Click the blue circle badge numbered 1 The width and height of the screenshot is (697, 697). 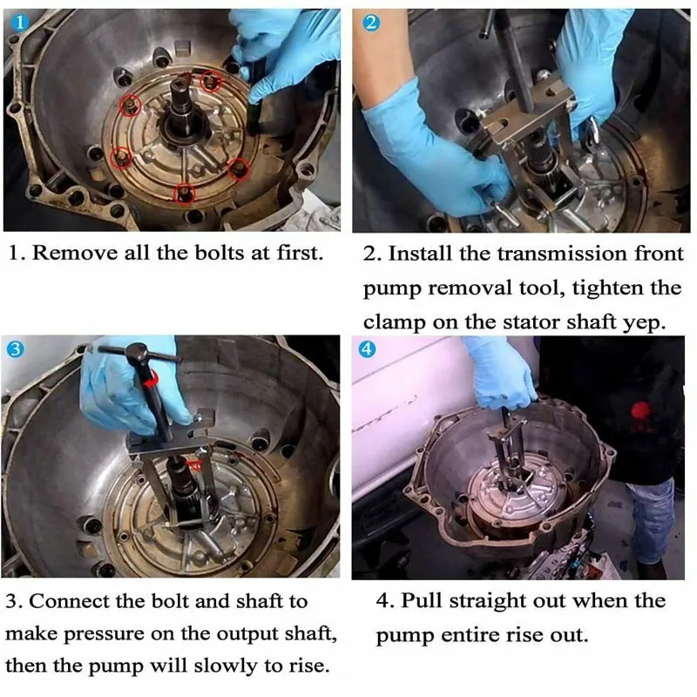pyautogui.click(x=19, y=23)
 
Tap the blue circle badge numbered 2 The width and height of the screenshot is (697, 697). pyautogui.click(x=371, y=23)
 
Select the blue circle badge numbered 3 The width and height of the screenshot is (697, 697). pyautogui.click(x=15, y=349)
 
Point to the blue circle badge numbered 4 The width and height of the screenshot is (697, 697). pyautogui.click(x=367, y=349)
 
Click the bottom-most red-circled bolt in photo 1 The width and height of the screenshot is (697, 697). pyautogui.click(x=184, y=193)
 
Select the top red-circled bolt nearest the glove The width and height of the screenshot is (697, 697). pyautogui.click(x=210, y=82)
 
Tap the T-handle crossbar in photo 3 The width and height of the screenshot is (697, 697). pyautogui.click(x=138, y=354)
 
